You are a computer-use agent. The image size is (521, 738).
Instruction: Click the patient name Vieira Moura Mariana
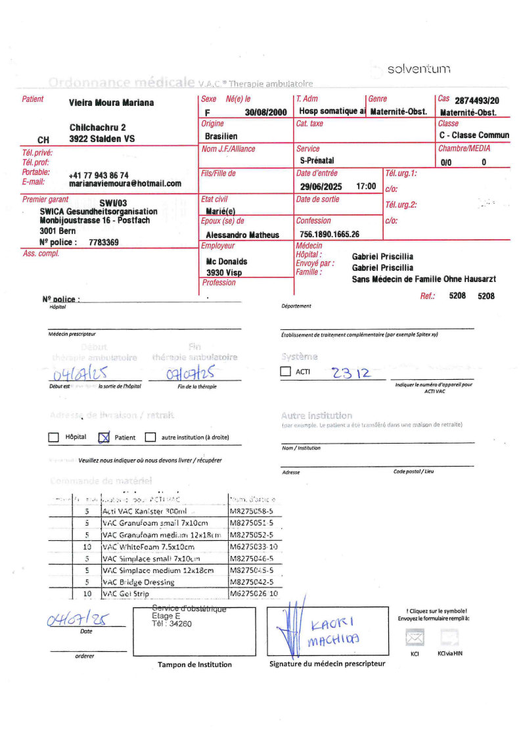111,103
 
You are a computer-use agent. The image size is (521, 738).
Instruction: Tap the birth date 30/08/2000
266,112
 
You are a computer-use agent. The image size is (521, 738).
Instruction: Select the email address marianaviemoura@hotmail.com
125,184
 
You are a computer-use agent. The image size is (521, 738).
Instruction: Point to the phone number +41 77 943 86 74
99,175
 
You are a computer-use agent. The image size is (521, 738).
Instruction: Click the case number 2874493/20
476,101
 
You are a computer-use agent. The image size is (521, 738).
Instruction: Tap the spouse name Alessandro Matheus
242,235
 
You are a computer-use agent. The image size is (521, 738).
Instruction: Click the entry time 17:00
366,187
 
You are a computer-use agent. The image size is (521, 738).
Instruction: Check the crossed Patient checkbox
103,437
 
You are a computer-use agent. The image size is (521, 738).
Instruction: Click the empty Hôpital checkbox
54,437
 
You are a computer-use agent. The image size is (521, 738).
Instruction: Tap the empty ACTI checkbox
285,373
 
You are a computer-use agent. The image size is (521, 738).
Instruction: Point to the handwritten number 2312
351,373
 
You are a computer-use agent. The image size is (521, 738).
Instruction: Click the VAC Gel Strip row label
126,594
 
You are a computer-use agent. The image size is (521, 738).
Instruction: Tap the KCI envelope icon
415,637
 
